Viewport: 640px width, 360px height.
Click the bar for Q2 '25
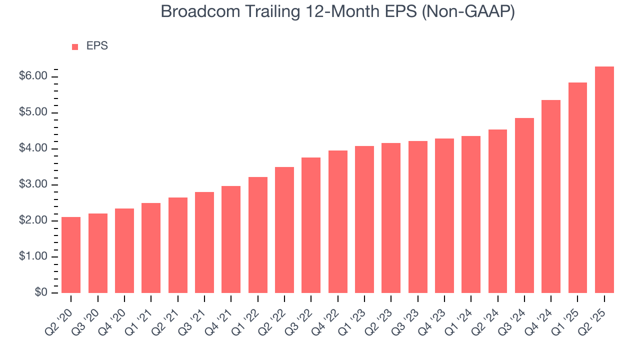(604, 180)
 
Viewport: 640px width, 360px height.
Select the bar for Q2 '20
(71, 255)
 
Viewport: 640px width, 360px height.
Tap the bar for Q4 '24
(551, 196)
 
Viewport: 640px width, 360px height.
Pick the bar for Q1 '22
(257, 235)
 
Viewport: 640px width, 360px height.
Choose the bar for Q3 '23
(417, 217)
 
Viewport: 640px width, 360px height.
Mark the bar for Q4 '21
(231, 239)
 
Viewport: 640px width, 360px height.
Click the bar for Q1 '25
(577, 188)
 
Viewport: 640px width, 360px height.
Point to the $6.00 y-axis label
(33, 76)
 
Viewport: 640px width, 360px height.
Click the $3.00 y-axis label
(33, 185)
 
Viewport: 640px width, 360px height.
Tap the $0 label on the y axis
(41, 293)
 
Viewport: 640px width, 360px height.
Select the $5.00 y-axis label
(33, 113)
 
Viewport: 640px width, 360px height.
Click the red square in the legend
(75, 47)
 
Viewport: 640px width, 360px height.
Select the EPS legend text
(97, 46)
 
